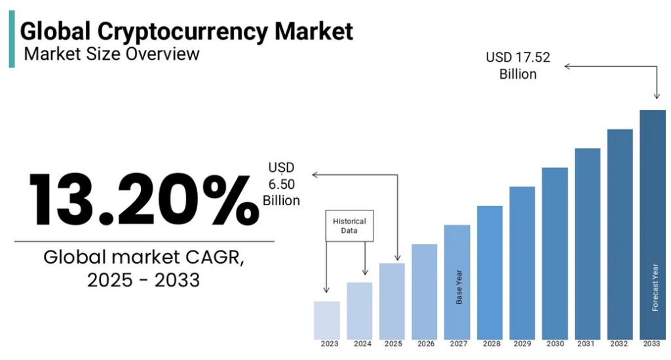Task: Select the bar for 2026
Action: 425,291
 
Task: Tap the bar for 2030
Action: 555,253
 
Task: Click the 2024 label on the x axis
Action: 362,344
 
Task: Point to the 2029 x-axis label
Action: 522,344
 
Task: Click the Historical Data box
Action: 349,226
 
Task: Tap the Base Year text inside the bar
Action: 459,287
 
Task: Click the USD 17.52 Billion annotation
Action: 518,66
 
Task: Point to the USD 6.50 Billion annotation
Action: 282,184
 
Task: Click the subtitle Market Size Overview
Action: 111,54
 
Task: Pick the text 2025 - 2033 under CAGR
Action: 144,280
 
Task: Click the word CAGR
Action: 212,257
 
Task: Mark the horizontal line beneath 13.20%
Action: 144,241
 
